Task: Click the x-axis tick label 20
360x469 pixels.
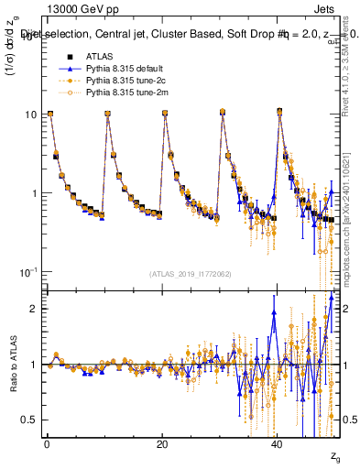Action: [162, 444]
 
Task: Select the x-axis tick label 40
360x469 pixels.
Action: [278, 444]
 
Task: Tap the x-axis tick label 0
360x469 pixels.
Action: [47, 444]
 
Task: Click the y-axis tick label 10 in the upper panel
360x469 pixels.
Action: [30, 115]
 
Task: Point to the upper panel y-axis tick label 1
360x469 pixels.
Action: [34, 193]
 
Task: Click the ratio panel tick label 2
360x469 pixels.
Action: [34, 309]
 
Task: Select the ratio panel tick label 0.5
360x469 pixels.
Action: [30, 420]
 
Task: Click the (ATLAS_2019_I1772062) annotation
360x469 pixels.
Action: [190, 274]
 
